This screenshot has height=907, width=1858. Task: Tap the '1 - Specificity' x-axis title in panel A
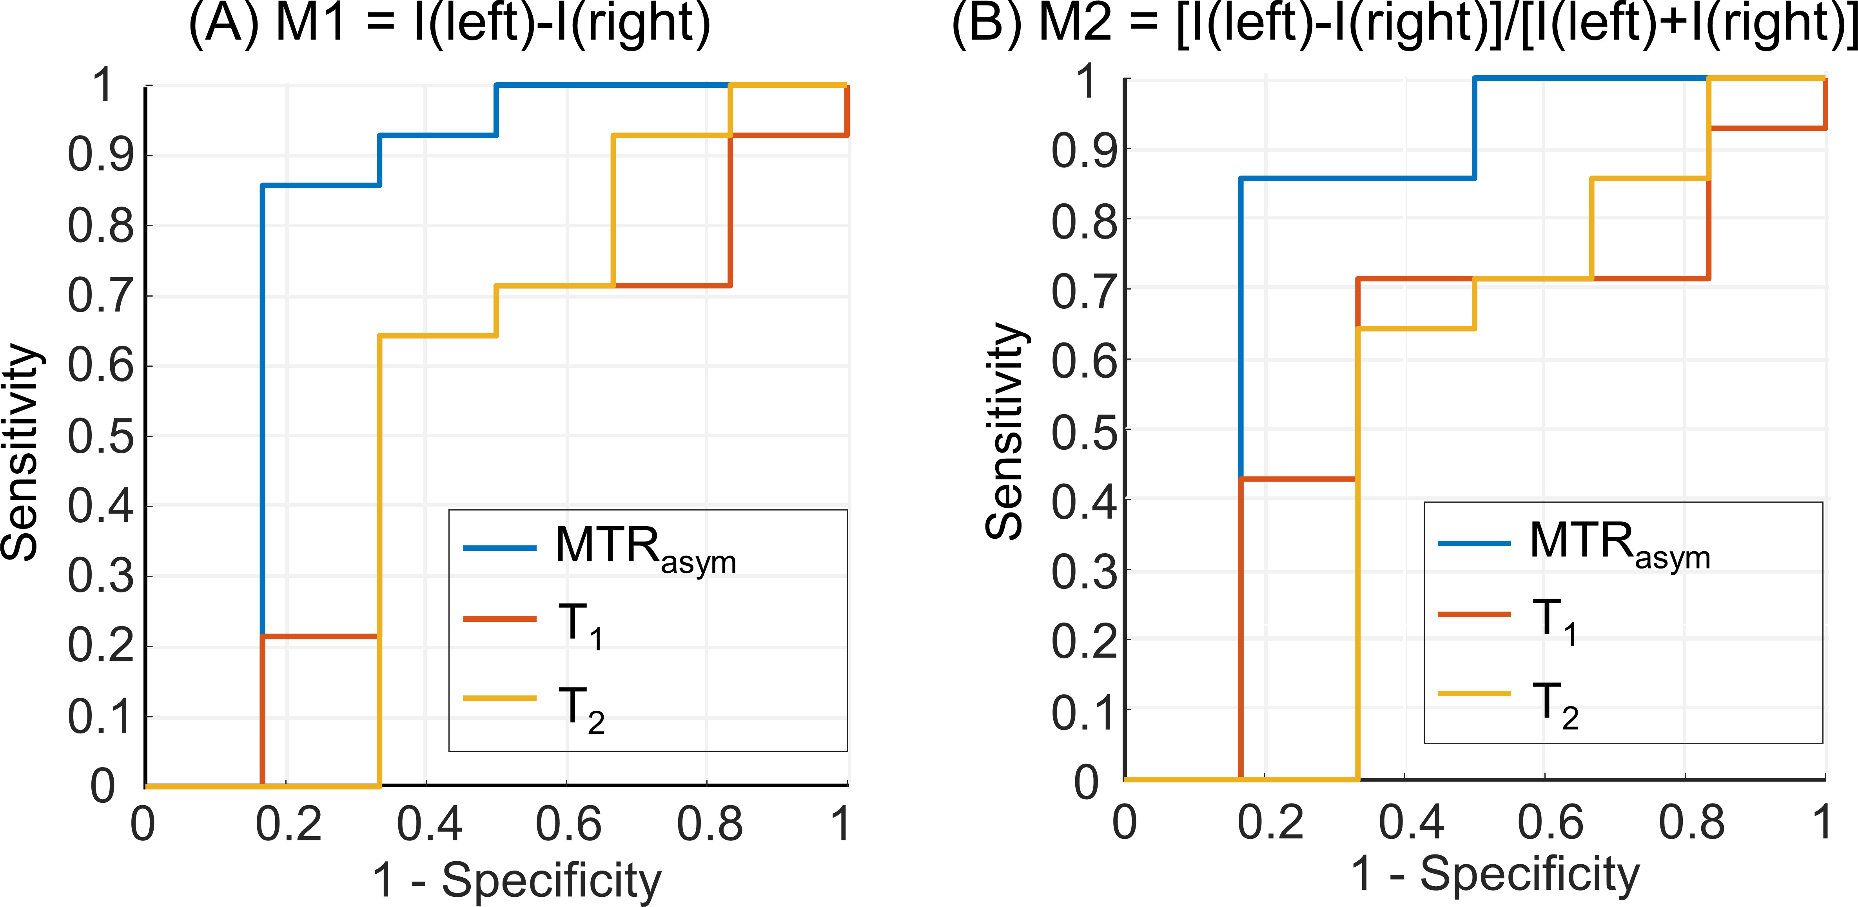(x=516, y=880)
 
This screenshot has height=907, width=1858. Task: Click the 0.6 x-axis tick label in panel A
(x=568, y=824)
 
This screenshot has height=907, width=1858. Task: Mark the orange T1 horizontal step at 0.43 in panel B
(x=1298, y=479)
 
